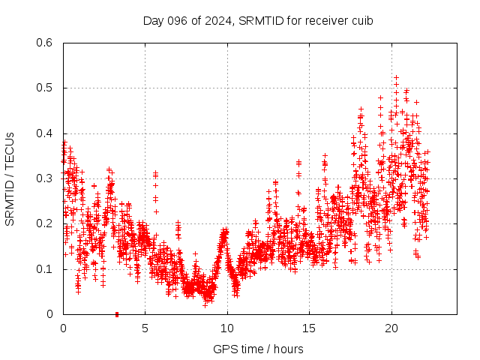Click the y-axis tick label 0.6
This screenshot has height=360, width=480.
[44, 43]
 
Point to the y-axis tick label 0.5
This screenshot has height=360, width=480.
[44, 88]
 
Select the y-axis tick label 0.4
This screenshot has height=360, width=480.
[44, 133]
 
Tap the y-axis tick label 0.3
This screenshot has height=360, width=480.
[44, 178]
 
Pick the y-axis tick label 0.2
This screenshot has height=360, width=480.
[44, 223]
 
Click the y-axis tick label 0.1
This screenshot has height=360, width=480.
[44, 269]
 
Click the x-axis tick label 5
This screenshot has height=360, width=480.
[145, 328]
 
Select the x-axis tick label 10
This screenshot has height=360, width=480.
[227, 328]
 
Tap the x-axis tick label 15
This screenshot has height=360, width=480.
[309, 328]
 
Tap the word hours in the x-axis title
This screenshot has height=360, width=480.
[288, 349]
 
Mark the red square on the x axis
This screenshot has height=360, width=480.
[116, 314]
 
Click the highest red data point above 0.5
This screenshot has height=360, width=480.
[396, 76]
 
